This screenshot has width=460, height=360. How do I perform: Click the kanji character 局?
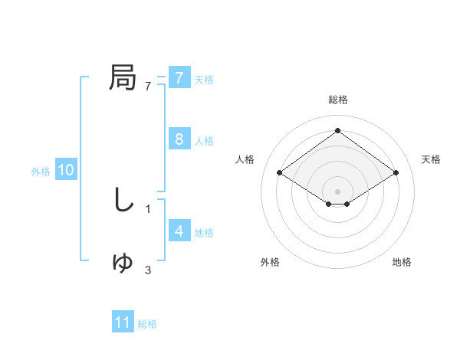(x=123, y=77)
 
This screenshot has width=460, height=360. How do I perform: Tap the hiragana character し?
(x=123, y=200)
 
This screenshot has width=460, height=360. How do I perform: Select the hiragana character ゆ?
(x=123, y=263)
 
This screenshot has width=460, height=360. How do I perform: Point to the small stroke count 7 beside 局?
(x=148, y=87)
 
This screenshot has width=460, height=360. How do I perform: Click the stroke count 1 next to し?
(x=148, y=208)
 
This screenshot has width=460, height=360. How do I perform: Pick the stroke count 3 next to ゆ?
(x=148, y=270)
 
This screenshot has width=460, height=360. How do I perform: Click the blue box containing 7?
(x=179, y=78)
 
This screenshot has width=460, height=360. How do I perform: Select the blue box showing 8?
(x=179, y=139)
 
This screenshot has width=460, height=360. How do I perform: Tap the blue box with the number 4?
(x=179, y=231)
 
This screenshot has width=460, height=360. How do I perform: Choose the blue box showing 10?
(x=65, y=171)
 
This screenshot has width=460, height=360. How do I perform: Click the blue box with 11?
(x=123, y=322)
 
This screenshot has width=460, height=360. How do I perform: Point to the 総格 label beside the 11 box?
(x=147, y=324)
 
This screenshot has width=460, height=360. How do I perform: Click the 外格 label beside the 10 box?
(x=41, y=172)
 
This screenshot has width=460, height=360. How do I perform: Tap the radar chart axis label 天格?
(x=431, y=159)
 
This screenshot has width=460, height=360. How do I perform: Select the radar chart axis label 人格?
(x=245, y=159)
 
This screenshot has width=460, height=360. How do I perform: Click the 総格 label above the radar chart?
(x=337, y=100)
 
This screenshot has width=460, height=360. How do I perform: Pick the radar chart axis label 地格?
(x=402, y=262)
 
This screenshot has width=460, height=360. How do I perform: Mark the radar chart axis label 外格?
(x=270, y=262)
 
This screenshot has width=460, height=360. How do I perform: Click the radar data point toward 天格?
(x=396, y=173)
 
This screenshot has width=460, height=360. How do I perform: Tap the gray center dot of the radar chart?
(x=337, y=191)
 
